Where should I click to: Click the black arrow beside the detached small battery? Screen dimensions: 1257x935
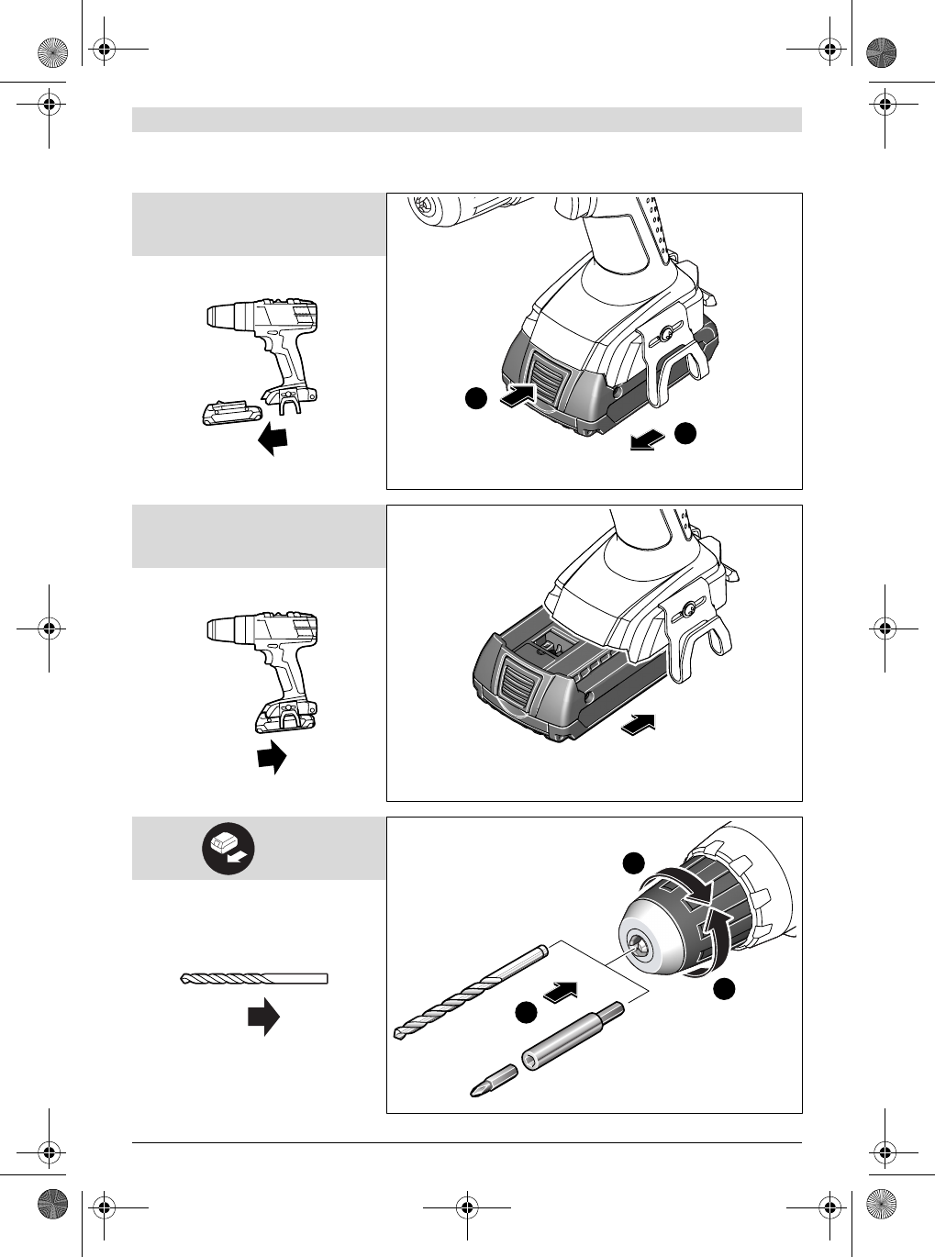[x=273, y=439]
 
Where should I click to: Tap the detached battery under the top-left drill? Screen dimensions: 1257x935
[x=227, y=412]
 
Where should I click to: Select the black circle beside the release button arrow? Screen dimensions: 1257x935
[x=474, y=398]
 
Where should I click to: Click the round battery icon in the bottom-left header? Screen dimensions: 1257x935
[x=228, y=848]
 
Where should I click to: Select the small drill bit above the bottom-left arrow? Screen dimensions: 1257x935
[x=254, y=979]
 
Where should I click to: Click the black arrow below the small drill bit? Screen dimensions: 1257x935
[x=263, y=1017]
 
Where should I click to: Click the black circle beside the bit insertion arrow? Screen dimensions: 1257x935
[x=526, y=1012]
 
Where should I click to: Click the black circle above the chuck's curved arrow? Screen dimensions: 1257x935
[x=633, y=862]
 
